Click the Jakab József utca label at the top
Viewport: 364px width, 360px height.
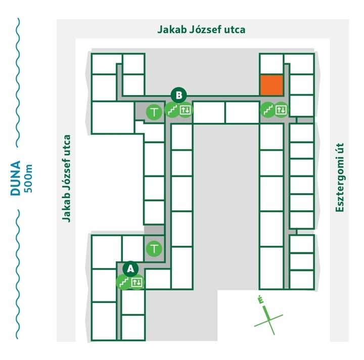click(x=201, y=29)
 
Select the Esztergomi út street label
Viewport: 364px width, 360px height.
click(x=340, y=177)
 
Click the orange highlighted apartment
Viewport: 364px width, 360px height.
click(x=271, y=85)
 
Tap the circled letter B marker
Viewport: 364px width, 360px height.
click(x=179, y=95)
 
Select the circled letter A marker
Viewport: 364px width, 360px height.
click(x=130, y=268)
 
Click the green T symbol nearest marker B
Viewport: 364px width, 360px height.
click(x=154, y=111)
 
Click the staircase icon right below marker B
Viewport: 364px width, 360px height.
click(x=173, y=110)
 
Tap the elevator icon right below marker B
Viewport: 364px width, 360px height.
click(x=186, y=110)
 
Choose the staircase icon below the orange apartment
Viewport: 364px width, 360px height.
click(x=267, y=109)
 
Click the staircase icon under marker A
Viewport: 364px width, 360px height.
click(x=124, y=282)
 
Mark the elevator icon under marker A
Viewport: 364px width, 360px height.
click(x=137, y=282)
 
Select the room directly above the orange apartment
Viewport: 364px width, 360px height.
click(x=271, y=64)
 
